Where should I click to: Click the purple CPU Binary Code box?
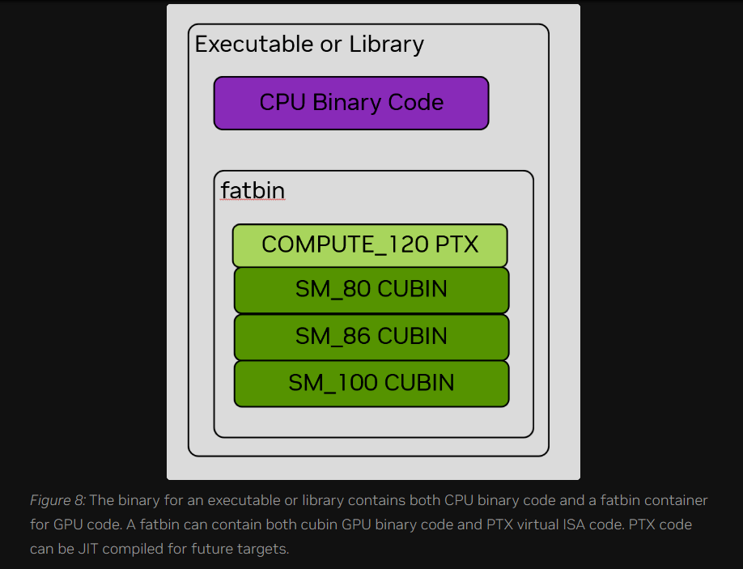(351, 103)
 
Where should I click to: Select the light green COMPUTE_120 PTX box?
(370, 245)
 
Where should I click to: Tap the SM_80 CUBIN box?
(371, 290)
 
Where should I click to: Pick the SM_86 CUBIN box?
(371, 336)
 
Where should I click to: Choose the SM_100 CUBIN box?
(371, 383)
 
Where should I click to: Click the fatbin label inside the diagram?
(253, 190)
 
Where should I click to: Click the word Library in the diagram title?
(386, 44)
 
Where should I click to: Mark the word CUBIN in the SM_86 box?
(413, 336)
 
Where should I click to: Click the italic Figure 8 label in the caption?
(57, 501)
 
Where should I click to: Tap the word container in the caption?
(676, 501)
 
